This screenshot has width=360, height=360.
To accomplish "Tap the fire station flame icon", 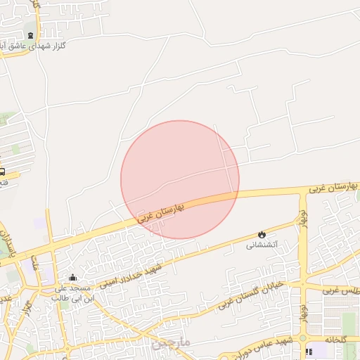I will (262, 234).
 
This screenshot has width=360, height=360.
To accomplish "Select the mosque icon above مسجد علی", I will (73, 278).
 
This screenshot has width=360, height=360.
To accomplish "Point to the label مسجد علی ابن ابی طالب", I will (73, 293).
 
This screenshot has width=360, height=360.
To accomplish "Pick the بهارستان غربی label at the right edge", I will (335, 187).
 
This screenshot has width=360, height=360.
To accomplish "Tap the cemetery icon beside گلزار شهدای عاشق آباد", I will (30, 35).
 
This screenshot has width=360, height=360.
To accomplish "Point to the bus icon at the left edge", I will (2, 171).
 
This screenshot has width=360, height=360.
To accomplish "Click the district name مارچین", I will (170, 342).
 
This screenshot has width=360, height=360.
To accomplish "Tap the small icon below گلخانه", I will (309, 352).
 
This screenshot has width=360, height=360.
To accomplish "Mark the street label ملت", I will (33, 262).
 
